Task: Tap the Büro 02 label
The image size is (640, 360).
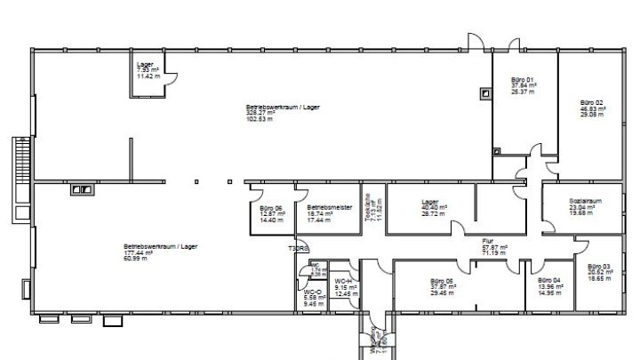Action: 592,102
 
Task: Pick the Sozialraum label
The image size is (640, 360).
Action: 586,201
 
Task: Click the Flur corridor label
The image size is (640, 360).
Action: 488,240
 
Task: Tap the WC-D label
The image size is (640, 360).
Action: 312,292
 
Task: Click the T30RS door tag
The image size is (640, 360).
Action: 297,248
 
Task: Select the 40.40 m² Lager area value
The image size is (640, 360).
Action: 434,208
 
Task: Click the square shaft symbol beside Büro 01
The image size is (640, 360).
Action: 484,92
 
